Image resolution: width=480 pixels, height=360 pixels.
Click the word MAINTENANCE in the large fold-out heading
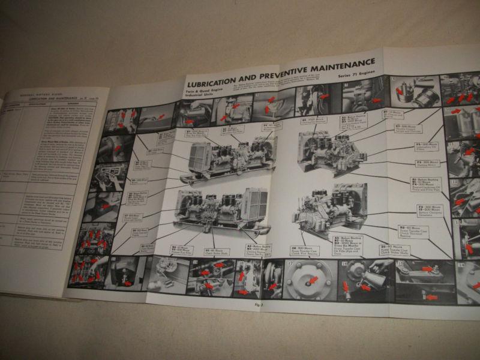[340, 63]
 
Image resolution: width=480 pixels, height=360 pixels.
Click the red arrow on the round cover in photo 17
[313, 279]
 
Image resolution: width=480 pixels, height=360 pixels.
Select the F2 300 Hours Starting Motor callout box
[426, 163]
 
